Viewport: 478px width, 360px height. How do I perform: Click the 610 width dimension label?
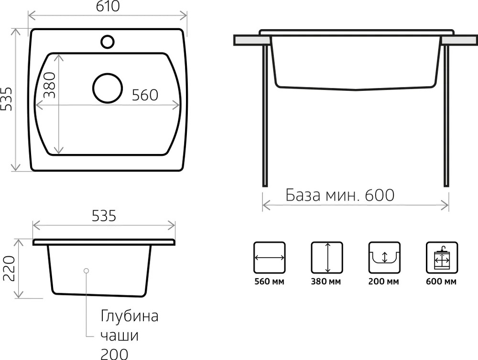click(x=108, y=6)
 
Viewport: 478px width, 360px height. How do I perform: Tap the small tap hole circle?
click(x=107, y=42)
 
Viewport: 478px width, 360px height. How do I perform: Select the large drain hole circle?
click(x=108, y=88)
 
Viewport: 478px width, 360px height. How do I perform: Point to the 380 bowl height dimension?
click(x=50, y=85)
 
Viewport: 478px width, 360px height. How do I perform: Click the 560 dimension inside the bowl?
click(x=145, y=95)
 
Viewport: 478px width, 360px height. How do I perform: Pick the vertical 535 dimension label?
click(x=6, y=99)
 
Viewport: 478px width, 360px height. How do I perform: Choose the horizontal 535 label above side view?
click(x=104, y=216)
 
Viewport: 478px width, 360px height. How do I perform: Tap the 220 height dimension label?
click(x=9, y=268)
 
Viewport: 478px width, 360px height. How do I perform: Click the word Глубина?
click(x=130, y=316)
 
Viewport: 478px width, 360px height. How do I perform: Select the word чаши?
click(x=119, y=335)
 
